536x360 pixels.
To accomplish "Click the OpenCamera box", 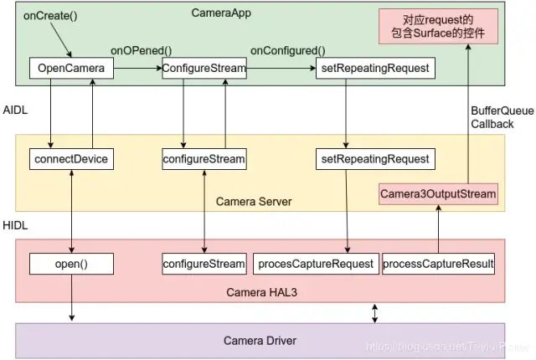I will (70, 68).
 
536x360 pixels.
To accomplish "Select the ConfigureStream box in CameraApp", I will (204, 68).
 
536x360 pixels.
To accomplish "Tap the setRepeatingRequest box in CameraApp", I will (376, 68).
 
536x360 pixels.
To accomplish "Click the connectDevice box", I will (70, 158).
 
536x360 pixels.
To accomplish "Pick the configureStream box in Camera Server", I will (204, 158).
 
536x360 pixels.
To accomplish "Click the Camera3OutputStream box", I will (438, 194).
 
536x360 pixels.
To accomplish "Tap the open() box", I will (70, 265).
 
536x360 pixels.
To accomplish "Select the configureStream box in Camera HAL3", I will (204, 265).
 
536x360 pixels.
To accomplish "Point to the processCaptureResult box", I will (438, 265).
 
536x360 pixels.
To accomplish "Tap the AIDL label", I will (15, 110).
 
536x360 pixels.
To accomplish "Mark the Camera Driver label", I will (260, 341).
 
